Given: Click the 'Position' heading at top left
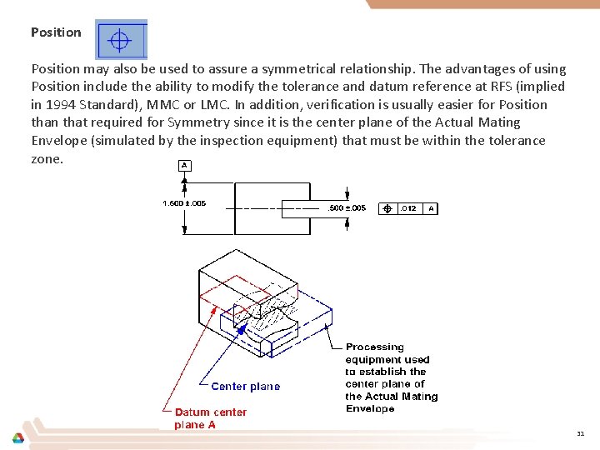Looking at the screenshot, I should point(56,32).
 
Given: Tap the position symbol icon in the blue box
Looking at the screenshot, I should point(120,40).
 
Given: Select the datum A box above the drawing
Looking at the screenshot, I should point(184,165).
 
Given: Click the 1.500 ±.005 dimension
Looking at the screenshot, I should point(184,203).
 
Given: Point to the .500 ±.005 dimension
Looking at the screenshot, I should point(347,208).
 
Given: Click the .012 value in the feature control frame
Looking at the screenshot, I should point(408,208).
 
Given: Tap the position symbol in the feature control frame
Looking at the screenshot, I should point(387,208).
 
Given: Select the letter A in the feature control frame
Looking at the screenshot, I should point(431,208).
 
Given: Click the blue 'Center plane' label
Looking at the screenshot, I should point(246,387).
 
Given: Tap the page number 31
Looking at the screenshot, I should point(580,434).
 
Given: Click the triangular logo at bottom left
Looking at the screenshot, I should point(17,438).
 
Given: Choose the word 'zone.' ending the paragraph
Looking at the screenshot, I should point(47,158).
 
